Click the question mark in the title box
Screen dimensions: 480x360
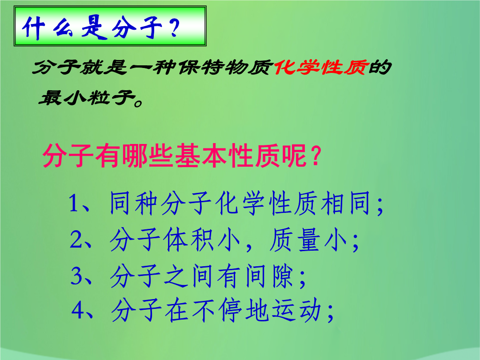coord(175,27)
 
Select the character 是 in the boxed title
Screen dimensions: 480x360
coord(94,28)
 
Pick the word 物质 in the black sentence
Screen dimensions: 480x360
coord(248,68)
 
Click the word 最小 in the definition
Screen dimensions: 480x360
coord(62,98)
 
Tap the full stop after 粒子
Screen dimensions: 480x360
coord(138,103)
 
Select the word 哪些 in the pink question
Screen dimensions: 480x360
coord(148,156)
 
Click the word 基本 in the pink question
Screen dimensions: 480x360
coord(200,156)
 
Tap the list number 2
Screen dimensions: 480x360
coord(76,239)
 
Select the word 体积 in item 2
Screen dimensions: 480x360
coord(188,240)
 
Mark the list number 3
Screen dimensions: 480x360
coord(76,276)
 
